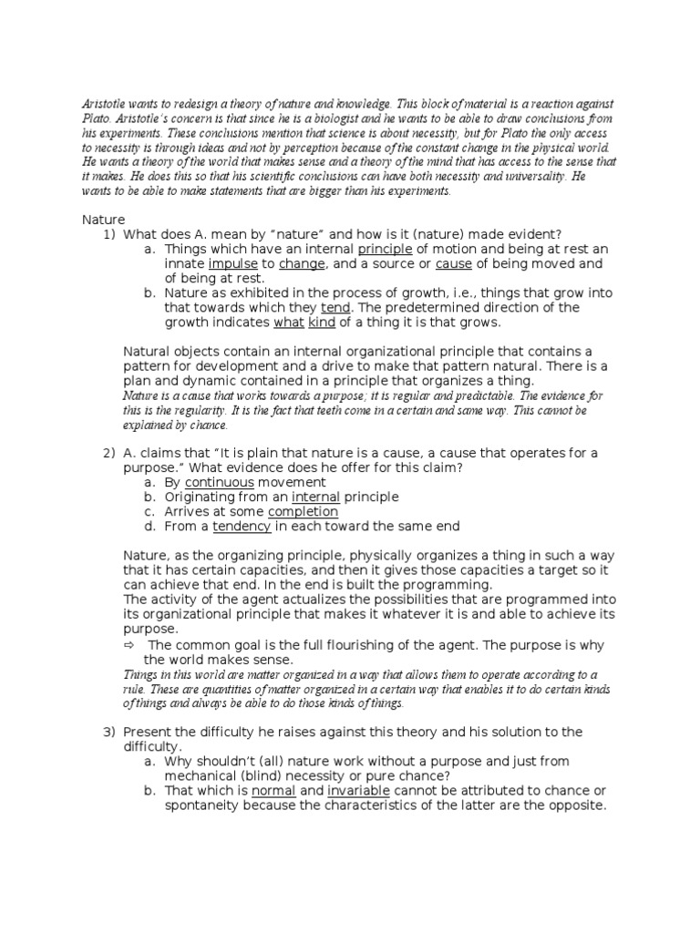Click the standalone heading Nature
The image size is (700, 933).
click(x=103, y=220)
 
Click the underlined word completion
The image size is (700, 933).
click(x=303, y=511)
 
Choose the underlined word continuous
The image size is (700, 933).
click(x=220, y=482)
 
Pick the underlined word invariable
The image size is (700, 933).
click(x=362, y=790)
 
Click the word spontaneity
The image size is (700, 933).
click(x=207, y=805)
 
